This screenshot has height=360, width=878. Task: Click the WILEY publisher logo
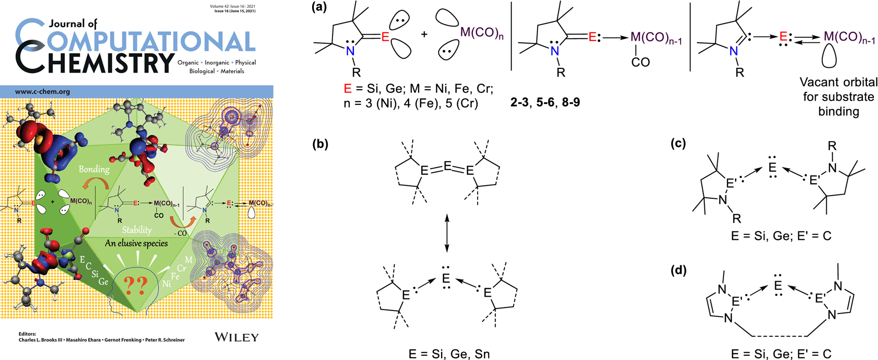point(236,337)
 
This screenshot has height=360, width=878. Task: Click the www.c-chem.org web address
point(42,92)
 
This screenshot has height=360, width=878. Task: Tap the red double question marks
point(136,285)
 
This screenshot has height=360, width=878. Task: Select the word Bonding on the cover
point(94,169)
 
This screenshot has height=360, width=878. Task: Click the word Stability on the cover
point(137,230)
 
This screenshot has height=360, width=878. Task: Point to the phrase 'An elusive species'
point(136,243)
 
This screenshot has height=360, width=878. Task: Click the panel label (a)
point(319,7)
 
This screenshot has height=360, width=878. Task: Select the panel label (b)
point(320,144)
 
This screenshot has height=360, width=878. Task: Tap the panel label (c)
point(678,144)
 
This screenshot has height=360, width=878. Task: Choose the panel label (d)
point(678,270)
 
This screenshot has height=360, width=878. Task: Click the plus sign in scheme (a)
point(424,34)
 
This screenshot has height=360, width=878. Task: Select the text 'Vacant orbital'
point(838,82)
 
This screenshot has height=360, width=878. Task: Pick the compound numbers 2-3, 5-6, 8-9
point(545,102)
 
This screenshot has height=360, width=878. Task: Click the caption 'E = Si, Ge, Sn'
point(449,354)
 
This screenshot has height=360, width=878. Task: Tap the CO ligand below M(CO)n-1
point(640,62)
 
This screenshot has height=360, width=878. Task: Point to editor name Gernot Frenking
point(123,340)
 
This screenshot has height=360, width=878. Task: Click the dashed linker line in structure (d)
point(780,336)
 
